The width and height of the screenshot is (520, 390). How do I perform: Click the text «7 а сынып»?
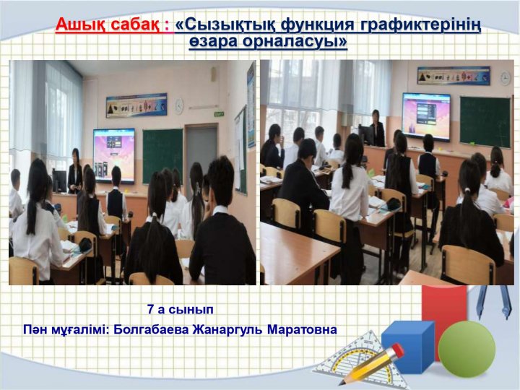tap(181, 309)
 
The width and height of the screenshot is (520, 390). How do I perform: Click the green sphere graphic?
tap(467, 349)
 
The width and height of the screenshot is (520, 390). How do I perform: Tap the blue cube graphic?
tap(408, 347)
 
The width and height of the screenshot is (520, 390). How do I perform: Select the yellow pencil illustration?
tap(372, 364)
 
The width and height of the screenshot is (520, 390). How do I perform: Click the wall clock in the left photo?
tap(179, 105)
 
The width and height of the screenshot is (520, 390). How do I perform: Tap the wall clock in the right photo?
tap(505, 78)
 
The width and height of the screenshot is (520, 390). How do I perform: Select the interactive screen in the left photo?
tap(114, 155)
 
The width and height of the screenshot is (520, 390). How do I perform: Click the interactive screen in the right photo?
tap(427, 116)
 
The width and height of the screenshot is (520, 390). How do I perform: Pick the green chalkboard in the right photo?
tap(485, 122)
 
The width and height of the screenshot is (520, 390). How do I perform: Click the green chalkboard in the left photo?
tap(162, 156)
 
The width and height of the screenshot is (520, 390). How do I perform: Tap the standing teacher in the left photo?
tap(75, 171)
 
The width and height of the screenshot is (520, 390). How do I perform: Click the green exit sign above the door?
tap(219, 114)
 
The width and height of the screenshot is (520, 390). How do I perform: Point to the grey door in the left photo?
tap(201, 156)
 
